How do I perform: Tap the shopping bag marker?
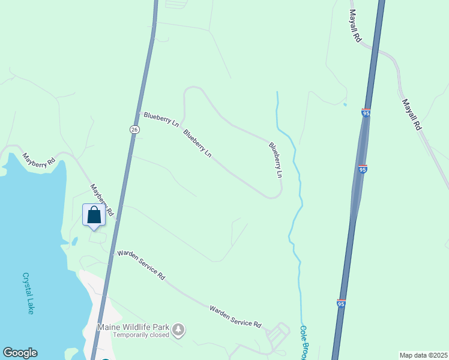click(x=94, y=215)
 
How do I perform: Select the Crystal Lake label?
click(x=28, y=293)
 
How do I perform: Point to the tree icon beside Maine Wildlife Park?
click(x=178, y=329)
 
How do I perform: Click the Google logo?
click(x=20, y=353)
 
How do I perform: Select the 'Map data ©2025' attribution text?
click(x=423, y=355)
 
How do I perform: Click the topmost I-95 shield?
click(x=366, y=112)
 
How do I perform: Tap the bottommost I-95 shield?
click(x=341, y=304)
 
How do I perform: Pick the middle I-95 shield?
click(x=362, y=169)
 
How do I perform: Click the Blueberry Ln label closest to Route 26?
click(x=160, y=118)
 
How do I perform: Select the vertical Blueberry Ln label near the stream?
click(x=275, y=160)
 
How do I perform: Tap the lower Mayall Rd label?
click(x=413, y=115)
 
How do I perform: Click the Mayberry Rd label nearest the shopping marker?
click(x=102, y=199)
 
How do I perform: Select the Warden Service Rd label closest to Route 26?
click(x=141, y=265)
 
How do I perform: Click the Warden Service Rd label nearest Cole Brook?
click(x=235, y=317)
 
